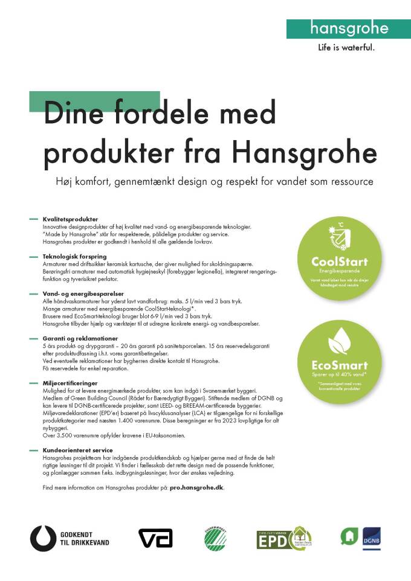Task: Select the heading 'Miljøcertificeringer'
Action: (x=70, y=383)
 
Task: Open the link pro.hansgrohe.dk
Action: (x=197, y=487)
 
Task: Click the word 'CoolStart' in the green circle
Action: (x=339, y=262)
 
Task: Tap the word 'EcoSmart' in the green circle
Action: (x=339, y=365)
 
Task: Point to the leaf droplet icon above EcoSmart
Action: (x=339, y=343)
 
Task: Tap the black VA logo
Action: (x=155, y=538)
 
